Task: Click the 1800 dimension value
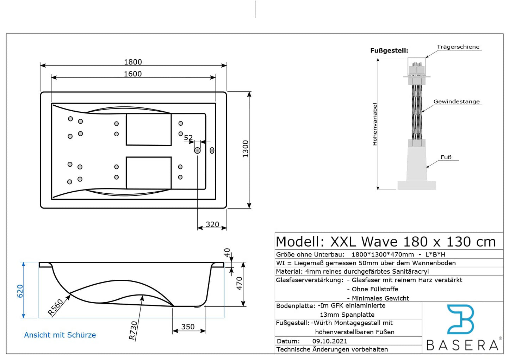[133, 62]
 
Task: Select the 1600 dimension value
[133, 74]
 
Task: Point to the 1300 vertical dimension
[246, 149]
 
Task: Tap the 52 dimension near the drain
[188, 137]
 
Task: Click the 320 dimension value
[212, 224]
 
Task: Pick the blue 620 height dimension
[20, 291]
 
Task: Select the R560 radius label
[55, 307]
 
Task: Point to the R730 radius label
[133, 330]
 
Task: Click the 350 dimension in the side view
[188, 327]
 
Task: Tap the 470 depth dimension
[240, 284]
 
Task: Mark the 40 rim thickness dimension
[227, 253]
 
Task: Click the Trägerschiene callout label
[458, 47]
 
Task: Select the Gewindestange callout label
[457, 101]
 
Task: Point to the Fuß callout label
[446, 157]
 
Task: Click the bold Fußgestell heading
[389, 50]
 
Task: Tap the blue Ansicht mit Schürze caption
[60, 335]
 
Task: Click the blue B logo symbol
[461, 319]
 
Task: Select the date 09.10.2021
[330, 341]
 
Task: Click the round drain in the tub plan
[197, 150]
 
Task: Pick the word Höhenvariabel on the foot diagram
[375, 124]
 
